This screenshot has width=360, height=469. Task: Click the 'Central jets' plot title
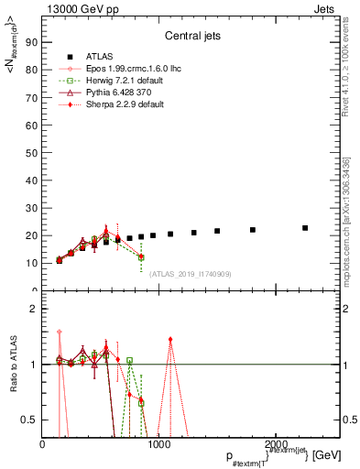[191, 38]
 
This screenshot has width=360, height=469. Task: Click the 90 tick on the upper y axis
[33, 41]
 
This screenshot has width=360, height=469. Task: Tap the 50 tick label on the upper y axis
[33, 152]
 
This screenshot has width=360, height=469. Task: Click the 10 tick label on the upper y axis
[33, 263]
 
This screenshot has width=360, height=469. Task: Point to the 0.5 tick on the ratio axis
[30, 420]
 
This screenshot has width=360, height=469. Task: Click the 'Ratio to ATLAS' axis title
[13, 365]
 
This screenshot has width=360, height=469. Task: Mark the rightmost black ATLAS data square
[305, 228]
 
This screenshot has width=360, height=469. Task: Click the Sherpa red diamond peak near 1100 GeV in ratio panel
[170, 339]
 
